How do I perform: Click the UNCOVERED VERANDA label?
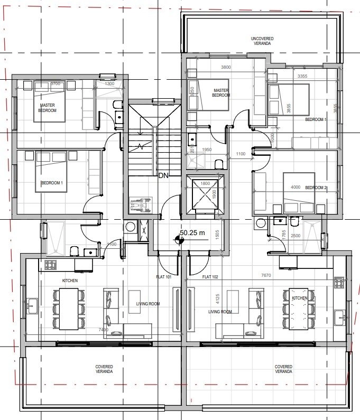tap(261, 41)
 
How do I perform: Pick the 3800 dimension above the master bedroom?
tap(226, 67)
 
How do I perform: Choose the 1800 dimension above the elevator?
tap(205, 183)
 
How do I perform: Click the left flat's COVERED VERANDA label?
tap(104, 369)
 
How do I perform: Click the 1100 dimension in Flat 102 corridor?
tap(241, 154)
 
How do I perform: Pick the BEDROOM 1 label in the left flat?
tap(52, 183)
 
